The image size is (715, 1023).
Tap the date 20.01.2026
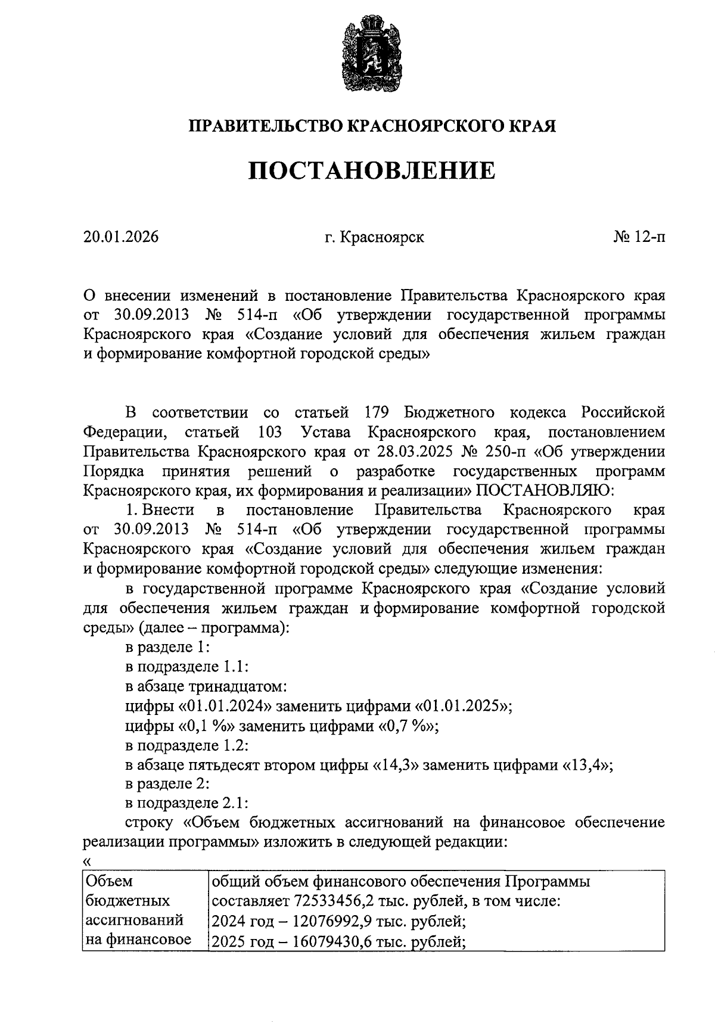(x=121, y=237)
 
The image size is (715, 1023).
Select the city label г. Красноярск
(x=375, y=237)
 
